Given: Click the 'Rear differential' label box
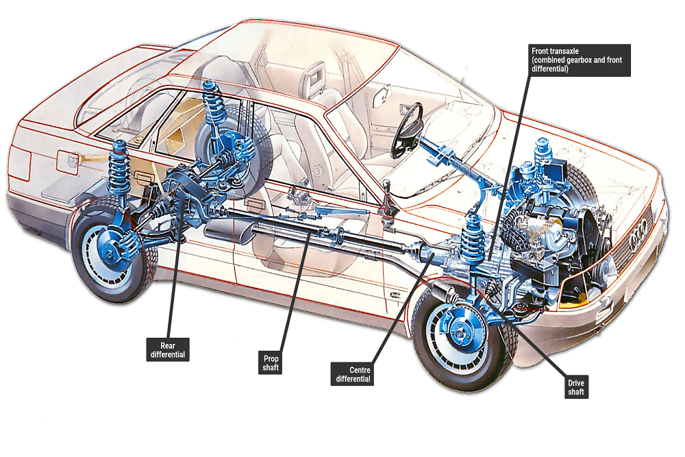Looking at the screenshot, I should (169, 349).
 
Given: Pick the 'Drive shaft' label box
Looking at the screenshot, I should (575, 388).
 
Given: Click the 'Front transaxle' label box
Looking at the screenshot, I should (580, 60).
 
